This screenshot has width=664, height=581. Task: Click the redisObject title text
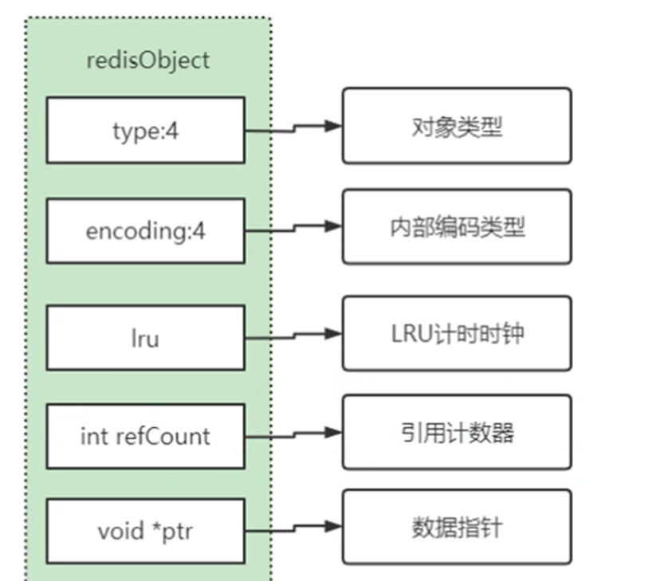147,61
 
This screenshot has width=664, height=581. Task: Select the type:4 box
145,131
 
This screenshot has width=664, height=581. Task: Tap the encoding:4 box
145,232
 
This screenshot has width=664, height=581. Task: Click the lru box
145,338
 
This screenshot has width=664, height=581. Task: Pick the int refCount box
145,436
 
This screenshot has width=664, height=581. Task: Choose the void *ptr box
145,530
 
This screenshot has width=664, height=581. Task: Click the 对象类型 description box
457,126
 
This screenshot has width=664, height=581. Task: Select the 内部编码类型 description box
457,226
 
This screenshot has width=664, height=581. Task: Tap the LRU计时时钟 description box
457,333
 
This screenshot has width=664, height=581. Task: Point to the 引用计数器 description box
457,432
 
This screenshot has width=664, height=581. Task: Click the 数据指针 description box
457,527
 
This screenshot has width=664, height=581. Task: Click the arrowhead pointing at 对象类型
333,126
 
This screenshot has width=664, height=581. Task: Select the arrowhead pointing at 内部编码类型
333,226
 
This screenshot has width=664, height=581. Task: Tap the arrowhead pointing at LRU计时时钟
333,333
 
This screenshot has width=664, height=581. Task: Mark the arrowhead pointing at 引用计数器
333,432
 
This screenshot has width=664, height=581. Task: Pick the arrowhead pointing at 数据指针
333,527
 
